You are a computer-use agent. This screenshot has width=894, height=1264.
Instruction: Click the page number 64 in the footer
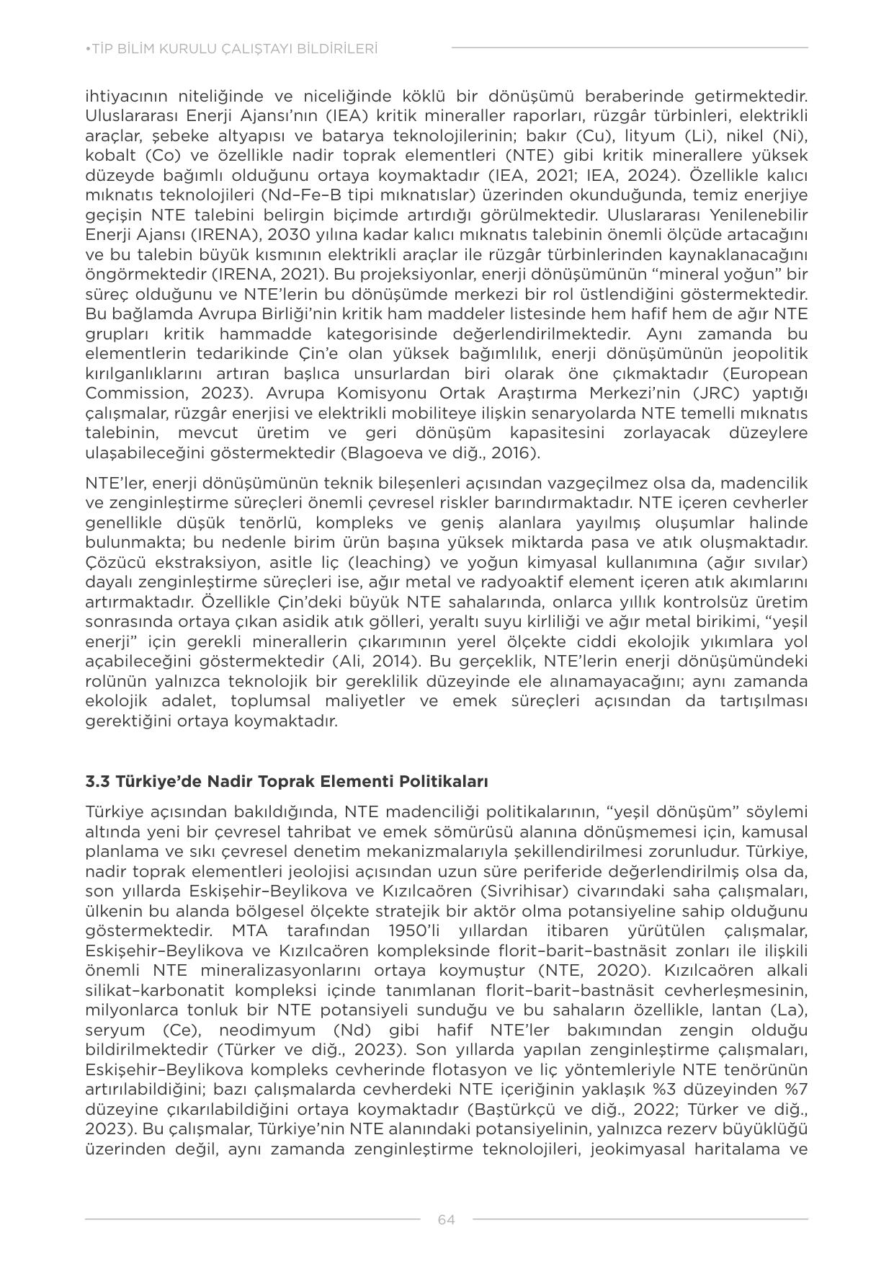point(446,1219)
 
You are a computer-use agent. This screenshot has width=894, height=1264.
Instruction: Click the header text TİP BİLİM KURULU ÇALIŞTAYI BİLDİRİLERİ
point(231,49)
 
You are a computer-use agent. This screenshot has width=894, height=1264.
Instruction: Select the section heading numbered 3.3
point(287,781)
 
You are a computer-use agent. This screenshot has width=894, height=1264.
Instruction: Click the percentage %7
point(796,1089)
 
